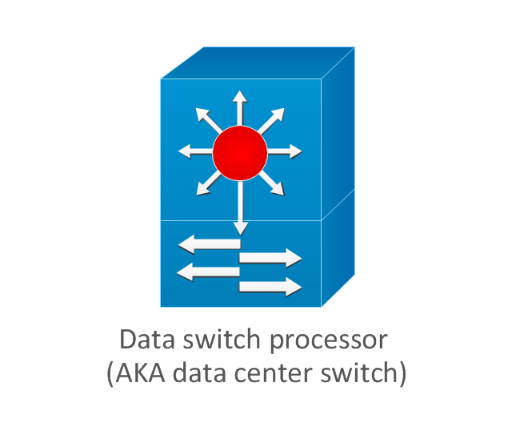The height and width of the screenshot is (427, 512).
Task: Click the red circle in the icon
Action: click(x=239, y=151)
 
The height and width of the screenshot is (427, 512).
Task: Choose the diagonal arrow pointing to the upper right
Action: click(x=272, y=119)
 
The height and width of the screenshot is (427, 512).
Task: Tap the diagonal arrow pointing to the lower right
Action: click(x=272, y=183)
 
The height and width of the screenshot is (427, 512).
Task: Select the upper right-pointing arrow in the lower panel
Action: click(x=270, y=258)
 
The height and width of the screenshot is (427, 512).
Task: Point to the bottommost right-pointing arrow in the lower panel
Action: click(x=270, y=286)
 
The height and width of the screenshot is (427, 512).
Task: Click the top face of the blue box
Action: click(x=256, y=62)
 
